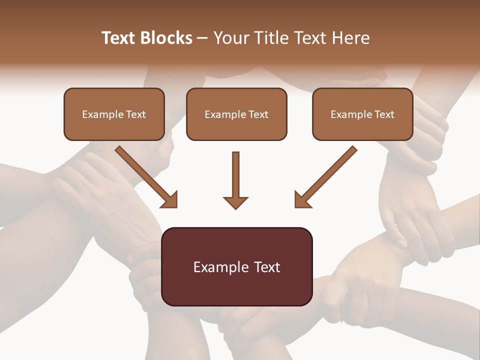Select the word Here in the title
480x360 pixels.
click(349, 38)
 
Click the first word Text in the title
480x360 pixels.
click(120, 38)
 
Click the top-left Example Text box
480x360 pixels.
click(114, 114)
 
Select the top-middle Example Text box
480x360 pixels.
click(236, 114)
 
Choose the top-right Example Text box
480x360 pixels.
click(362, 114)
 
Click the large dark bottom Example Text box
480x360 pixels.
click(236, 266)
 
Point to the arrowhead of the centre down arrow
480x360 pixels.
click(235, 202)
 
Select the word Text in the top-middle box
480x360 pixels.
click(258, 114)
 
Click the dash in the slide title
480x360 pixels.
click(202, 38)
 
